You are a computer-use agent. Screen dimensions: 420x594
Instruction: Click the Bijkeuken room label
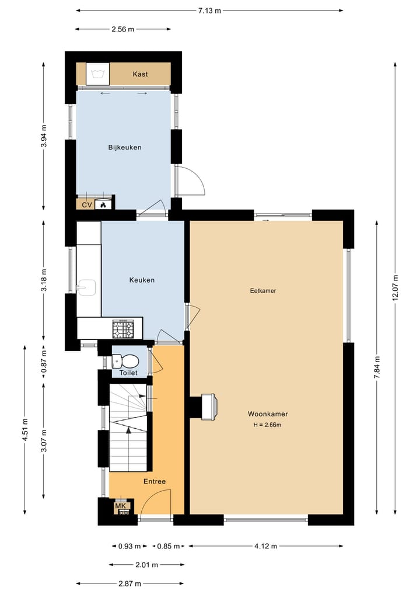tap(125, 147)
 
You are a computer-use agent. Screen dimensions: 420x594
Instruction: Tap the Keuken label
tap(142, 280)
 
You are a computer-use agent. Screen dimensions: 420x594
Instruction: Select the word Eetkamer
tap(263, 290)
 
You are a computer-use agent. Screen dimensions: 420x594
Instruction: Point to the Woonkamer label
tap(268, 414)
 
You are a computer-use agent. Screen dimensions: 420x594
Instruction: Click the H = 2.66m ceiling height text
tap(267, 425)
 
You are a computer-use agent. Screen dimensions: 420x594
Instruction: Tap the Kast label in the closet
tap(140, 74)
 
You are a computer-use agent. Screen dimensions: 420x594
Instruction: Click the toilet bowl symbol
tap(126, 361)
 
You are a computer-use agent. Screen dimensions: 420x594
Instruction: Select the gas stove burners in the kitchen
tap(123, 329)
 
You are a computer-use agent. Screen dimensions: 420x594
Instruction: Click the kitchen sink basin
tap(86, 287)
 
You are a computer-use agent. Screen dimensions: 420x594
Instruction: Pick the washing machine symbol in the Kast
tap(97, 74)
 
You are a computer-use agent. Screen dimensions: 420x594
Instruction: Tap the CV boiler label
tap(87, 206)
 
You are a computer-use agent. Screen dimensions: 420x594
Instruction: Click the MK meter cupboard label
tap(120, 506)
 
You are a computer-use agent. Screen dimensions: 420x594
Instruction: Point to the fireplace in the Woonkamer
tap(208, 407)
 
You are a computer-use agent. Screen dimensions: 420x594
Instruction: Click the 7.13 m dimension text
tap(209, 11)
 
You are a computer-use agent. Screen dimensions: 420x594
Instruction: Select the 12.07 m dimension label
tap(395, 287)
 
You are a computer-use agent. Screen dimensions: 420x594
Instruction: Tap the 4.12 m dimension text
tap(265, 546)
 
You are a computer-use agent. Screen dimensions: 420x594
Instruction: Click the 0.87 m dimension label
tap(44, 361)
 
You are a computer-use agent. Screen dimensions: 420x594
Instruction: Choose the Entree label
tap(155, 481)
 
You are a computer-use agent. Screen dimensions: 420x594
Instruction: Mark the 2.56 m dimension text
tap(123, 29)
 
